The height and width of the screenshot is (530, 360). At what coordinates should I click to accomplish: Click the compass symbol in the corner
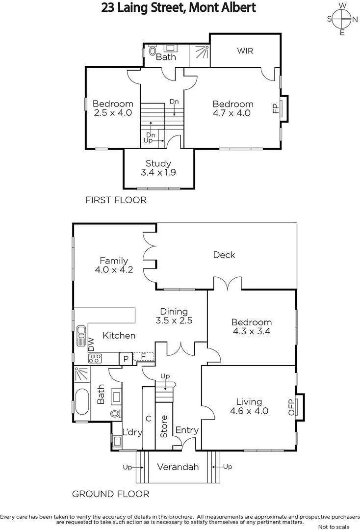coord(342,19)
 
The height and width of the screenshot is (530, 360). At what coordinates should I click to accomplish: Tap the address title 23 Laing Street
coord(179,8)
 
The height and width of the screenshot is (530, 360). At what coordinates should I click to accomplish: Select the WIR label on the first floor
coord(245,51)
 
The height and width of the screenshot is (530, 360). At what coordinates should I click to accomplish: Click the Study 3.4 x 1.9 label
coord(158,168)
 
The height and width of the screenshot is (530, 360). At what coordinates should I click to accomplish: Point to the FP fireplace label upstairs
coord(275,107)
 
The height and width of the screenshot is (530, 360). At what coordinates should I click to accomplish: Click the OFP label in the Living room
coord(291,406)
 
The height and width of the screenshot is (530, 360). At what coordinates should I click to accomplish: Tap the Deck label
coord(224,255)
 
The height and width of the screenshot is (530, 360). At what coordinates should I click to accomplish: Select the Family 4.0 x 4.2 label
coord(114,265)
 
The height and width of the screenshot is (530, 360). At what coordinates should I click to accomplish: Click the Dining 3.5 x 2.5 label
coord(174,316)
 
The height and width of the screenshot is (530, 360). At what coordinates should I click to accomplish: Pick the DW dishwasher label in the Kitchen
coord(91,344)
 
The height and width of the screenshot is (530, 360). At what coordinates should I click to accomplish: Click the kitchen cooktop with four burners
coord(95,359)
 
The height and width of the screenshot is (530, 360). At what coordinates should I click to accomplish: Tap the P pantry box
coord(126,359)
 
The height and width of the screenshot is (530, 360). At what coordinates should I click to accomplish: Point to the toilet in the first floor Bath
coord(152,51)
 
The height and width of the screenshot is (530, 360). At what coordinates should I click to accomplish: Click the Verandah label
coord(178,467)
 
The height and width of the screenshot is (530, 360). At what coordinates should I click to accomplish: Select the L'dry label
coord(131,432)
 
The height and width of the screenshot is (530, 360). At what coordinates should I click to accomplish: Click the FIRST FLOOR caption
coord(116,200)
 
